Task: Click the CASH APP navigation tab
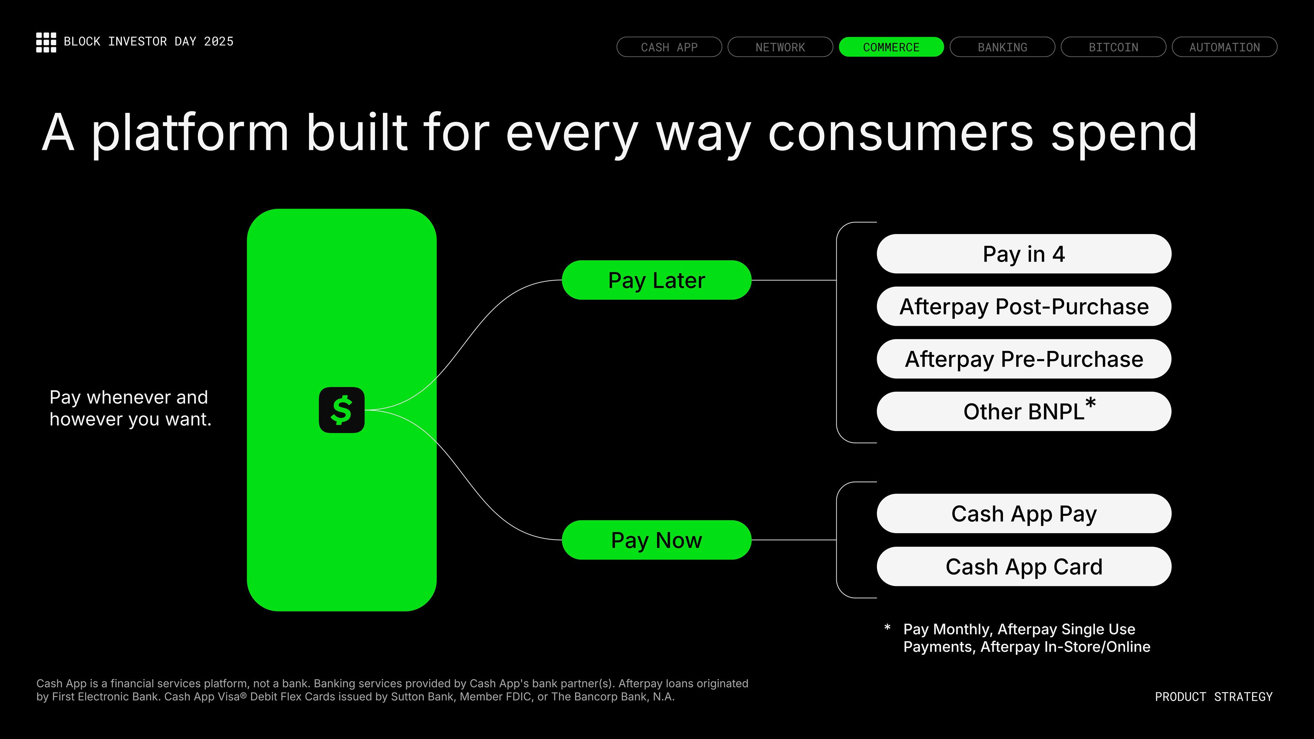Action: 669,47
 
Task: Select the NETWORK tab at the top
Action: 781,47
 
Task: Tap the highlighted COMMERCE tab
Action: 891,47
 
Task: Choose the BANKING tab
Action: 1002,47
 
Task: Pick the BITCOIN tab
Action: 1113,47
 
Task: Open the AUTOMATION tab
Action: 1225,47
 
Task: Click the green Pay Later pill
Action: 657,280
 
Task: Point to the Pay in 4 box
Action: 1024,254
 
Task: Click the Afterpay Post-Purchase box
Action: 1024,307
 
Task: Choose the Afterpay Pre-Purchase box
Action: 1024,359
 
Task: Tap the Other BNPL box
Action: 1024,412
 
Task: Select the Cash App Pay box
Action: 1024,514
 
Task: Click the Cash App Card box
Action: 1024,567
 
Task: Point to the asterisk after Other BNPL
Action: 1091,403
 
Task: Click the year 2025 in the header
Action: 219,41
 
